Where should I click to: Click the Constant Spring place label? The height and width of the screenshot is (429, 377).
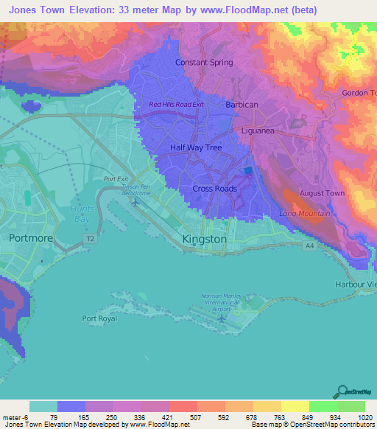coord(204,63)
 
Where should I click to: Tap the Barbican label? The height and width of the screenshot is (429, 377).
coord(242,105)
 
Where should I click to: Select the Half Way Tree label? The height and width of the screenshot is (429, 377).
coord(195,147)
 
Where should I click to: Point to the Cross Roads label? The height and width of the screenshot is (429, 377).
coord(214,189)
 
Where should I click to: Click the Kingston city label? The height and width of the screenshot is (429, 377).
coord(204,240)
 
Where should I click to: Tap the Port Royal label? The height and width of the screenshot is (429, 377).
coord(99,318)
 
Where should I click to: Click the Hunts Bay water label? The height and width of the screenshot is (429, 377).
coord(82,213)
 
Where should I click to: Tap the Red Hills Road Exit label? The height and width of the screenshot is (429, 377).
coord(176,105)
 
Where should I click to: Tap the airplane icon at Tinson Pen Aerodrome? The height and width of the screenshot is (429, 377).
coord(135,201)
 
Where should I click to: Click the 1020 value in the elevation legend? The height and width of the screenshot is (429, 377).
coord(362,418)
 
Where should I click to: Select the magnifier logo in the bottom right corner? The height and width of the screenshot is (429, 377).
coord(342,391)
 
